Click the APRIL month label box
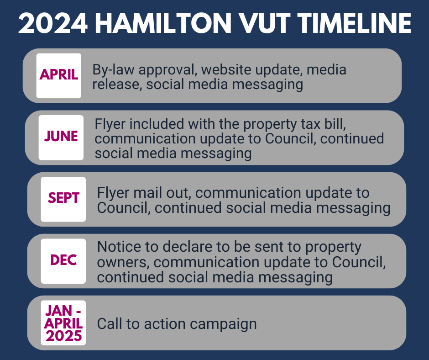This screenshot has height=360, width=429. pyautogui.click(x=59, y=76)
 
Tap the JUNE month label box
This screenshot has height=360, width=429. pyautogui.click(x=61, y=138)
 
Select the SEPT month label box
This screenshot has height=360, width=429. pyautogui.click(x=63, y=199)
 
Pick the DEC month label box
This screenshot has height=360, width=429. pyautogui.click(x=63, y=261)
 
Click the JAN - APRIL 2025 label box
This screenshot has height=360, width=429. pyautogui.click(x=63, y=323)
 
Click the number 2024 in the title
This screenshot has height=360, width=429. pyautogui.click(x=53, y=23)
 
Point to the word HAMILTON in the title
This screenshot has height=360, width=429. pyautogui.click(x=163, y=23)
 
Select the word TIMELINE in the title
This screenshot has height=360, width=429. pyautogui.click(x=354, y=23)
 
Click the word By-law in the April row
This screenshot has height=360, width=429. pyautogui.click(x=113, y=70)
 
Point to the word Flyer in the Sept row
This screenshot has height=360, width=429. pyautogui.click(x=113, y=193)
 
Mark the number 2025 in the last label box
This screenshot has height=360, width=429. pyautogui.click(x=64, y=336)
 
